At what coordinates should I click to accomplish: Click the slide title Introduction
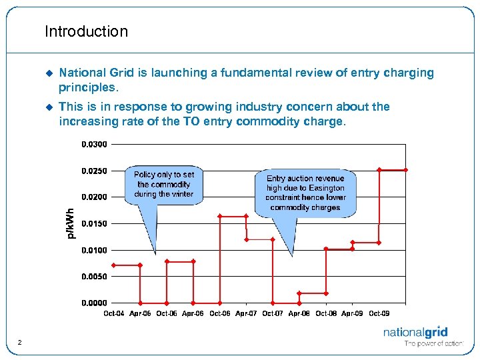click(x=86, y=31)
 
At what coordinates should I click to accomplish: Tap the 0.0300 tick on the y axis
click(x=93, y=144)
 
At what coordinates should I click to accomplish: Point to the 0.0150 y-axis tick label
click(x=93, y=223)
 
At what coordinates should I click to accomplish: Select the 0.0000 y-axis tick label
click(x=93, y=303)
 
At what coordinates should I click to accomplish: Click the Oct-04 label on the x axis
click(x=113, y=313)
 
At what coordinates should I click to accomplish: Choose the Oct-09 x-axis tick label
click(x=379, y=313)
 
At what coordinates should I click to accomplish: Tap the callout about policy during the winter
click(x=163, y=185)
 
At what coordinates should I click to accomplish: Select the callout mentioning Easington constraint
click(x=305, y=193)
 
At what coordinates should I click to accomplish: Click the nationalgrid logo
click(x=415, y=333)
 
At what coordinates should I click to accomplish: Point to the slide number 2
click(x=21, y=343)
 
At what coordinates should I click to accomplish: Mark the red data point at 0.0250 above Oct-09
click(x=379, y=170)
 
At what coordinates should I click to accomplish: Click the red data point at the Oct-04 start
click(x=113, y=265)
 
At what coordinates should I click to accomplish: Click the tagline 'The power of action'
click(x=433, y=344)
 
